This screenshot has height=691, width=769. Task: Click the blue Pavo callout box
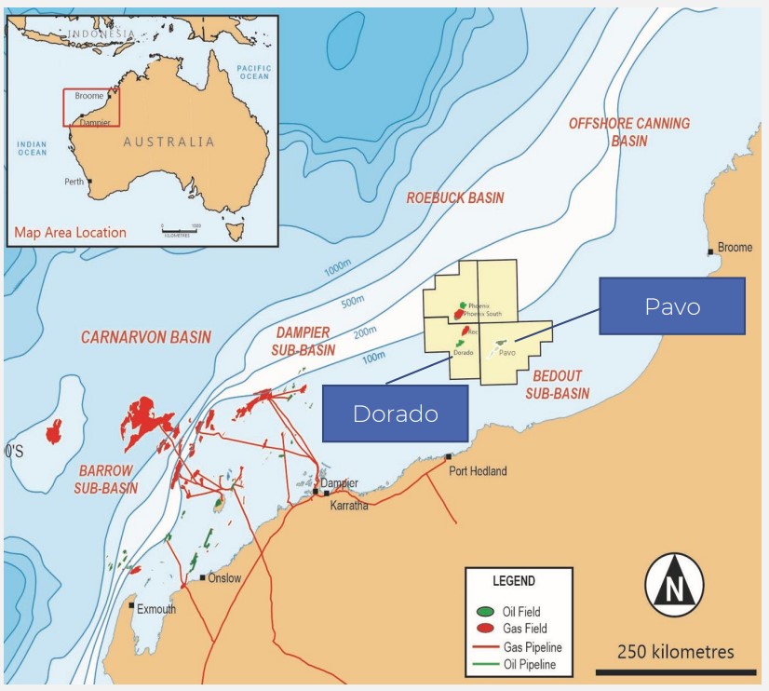(x=671, y=305)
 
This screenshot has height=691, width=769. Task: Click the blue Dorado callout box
(x=395, y=413)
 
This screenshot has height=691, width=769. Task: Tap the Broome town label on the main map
(x=735, y=248)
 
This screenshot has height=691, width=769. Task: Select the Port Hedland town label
(x=478, y=471)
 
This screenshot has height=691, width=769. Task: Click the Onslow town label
(x=224, y=578)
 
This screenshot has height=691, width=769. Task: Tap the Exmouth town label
(x=155, y=609)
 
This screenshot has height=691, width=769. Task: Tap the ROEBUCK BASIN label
(x=455, y=197)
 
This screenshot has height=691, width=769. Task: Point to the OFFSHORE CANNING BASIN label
(x=629, y=131)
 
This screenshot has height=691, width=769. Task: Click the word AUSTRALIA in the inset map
(x=169, y=142)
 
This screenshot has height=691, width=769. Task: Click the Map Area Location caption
(x=70, y=232)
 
